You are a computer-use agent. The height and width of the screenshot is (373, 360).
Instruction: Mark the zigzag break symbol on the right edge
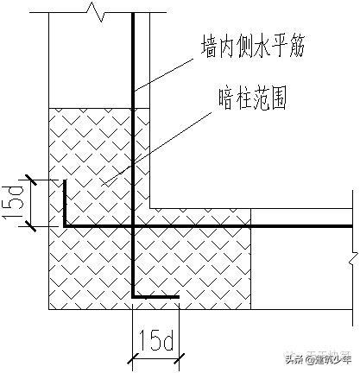pyautogui.click(x=352, y=256)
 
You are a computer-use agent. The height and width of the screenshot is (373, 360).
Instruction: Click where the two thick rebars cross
pyautogui.click(x=133, y=227)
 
